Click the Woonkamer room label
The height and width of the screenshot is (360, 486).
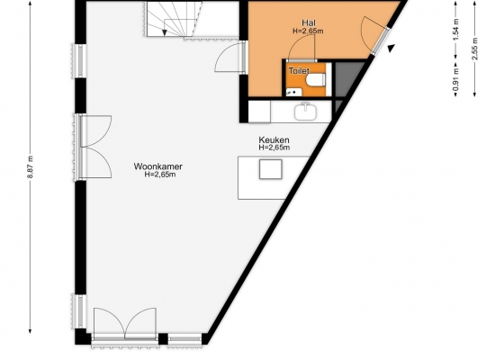pyautogui.click(x=158, y=166)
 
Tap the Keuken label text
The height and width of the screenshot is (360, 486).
pyautogui.click(x=274, y=139)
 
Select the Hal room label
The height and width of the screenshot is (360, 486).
pyautogui.click(x=309, y=22)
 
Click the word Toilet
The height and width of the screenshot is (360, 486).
pyautogui.click(x=299, y=71)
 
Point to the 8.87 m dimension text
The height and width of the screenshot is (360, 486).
pyautogui.click(x=31, y=166)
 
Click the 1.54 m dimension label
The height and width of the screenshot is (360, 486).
pyautogui.click(x=455, y=29)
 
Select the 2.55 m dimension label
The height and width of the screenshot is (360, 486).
pyautogui.click(x=474, y=49)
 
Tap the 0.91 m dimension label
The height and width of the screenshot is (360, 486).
pyautogui.click(x=455, y=79)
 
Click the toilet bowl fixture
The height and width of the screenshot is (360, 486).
pyautogui.click(x=316, y=79)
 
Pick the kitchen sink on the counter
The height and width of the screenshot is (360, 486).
pyautogui.click(x=306, y=112)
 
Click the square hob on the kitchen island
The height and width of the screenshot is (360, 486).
pyautogui.click(x=271, y=169)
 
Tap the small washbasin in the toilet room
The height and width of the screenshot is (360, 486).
pyautogui.click(x=293, y=92)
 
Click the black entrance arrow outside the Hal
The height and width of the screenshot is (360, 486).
pyautogui.click(x=391, y=48)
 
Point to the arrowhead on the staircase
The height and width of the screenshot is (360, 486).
pyautogui.click(x=165, y=32)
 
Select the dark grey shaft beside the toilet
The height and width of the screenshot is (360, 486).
pyautogui.click(x=347, y=78)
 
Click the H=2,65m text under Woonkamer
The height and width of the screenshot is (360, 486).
pyautogui.click(x=160, y=175)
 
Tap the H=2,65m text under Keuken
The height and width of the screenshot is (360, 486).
pyautogui.click(x=274, y=148)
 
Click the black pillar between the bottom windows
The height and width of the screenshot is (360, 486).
pyautogui.click(x=163, y=338)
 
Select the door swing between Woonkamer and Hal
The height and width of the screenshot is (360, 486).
pyautogui.click(x=228, y=58)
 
